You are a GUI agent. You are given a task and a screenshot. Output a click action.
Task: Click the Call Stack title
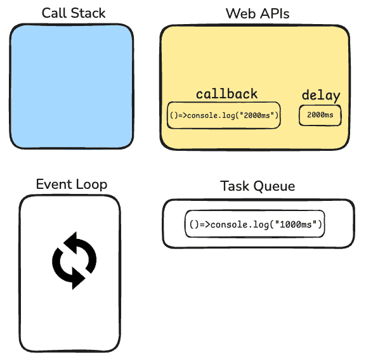pyautogui.click(x=74, y=13)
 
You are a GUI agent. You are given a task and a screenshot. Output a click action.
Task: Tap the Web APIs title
pyautogui.click(x=254, y=13)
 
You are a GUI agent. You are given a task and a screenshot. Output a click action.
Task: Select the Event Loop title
pyautogui.click(x=72, y=184)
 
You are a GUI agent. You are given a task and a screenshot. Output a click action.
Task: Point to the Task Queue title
pyautogui.click(x=258, y=186)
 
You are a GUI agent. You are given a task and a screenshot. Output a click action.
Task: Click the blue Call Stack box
pyautogui.click(x=72, y=86)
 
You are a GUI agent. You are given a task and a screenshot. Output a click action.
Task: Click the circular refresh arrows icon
pyautogui.click(x=74, y=260)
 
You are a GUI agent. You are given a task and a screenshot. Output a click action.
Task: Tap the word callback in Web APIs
pyautogui.click(x=226, y=94)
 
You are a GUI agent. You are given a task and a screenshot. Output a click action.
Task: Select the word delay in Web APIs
pyautogui.click(x=320, y=96)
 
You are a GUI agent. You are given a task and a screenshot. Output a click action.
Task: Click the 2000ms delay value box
pyautogui.click(x=320, y=115)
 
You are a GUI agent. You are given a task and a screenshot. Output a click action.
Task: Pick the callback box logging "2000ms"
pyautogui.click(x=223, y=115)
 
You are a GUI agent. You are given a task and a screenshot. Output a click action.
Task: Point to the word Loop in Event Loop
pyautogui.click(x=91, y=184)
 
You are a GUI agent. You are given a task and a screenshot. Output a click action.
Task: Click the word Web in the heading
pyautogui.click(x=238, y=13)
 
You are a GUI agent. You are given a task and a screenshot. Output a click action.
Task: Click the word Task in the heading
pyautogui.click(x=234, y=186)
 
